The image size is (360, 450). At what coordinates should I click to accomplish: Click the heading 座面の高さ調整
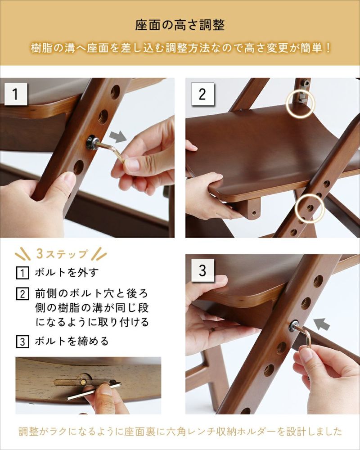click(180, 25)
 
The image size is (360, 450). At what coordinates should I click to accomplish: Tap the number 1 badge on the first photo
click(16, 94)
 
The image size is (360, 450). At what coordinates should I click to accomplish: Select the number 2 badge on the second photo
click(202, 94)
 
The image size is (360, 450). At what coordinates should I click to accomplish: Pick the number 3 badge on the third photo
click(202, 270)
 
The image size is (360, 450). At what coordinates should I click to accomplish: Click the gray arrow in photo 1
click(118, 136)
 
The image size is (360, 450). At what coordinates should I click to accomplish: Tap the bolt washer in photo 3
click(294, 325)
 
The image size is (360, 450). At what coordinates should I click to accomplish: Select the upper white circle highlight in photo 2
click(300, 103)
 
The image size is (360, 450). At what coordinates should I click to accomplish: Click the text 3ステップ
click(62, 254)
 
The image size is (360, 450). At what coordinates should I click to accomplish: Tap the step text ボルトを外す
click(67, 272)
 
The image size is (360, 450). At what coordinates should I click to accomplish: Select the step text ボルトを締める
click(72, 341)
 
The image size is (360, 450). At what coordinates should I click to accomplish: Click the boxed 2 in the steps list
click(22, 294)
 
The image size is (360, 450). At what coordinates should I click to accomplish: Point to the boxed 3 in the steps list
click(22, 342)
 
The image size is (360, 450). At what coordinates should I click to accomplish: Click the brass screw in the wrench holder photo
click(83, 382)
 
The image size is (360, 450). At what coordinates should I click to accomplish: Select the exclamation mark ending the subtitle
click(328, 48)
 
